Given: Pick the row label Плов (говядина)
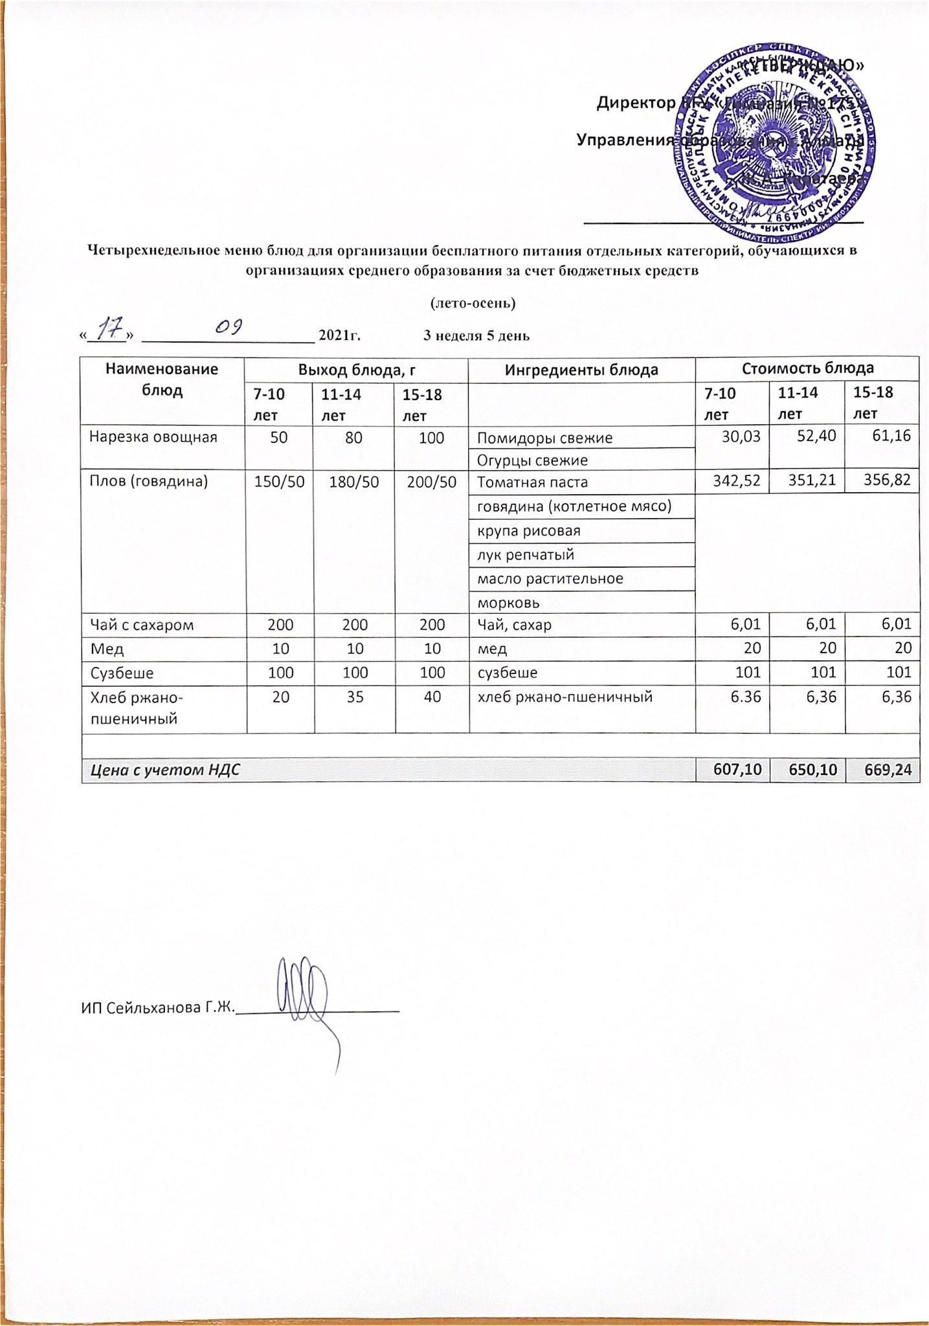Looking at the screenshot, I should [148, 481].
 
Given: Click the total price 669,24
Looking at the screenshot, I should [882, 769].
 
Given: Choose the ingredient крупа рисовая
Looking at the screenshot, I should [528, 530].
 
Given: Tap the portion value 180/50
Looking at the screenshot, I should [353, 481].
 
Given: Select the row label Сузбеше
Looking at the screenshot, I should [122, 672].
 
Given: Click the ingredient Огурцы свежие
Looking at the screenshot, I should [532, 460].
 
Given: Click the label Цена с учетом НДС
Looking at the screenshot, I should [164, 769].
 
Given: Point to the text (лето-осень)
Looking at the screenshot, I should [473, 302].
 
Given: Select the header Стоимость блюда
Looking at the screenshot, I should [807, 368].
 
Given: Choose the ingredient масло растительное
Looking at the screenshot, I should [550, 578].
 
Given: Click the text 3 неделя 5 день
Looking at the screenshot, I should [476, 335].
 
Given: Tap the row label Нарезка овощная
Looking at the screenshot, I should [153, 437].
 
